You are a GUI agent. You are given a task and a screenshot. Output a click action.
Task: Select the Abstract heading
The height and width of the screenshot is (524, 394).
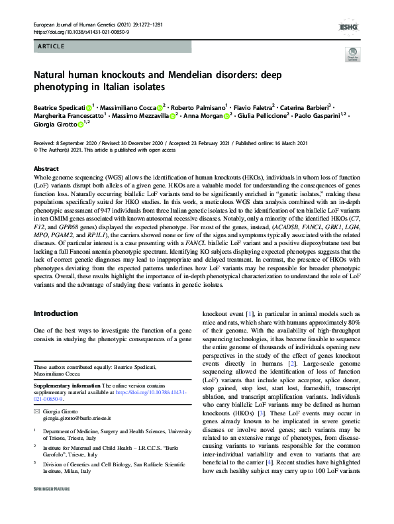pos(46,169)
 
